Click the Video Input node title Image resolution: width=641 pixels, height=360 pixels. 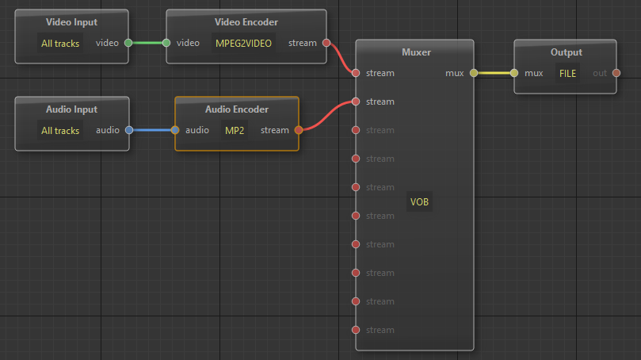coord(71,22)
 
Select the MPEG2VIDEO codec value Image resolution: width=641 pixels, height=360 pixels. coord(243,44)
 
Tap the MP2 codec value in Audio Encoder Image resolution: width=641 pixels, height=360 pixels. coord(235,130)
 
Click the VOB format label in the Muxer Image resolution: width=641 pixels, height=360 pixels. coord(419,202)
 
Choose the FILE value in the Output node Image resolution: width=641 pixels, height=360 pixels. coord(567,73)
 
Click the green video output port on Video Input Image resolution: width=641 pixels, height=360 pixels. coord(128,43)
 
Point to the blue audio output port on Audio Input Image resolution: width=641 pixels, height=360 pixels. coord(128,130)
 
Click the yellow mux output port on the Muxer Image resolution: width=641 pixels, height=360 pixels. coord(474,73)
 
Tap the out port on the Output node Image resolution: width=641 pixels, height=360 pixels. coord(616,73)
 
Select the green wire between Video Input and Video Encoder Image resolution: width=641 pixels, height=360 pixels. coord(147,43)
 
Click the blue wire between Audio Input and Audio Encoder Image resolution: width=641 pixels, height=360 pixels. coord(152,130)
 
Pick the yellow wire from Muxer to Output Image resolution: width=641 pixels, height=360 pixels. coord(494,73)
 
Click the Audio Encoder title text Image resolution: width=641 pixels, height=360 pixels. coord(236,109)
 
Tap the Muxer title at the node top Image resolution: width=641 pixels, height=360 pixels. coord(416,52)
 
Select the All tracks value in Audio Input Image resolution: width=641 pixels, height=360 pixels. coord(60,130)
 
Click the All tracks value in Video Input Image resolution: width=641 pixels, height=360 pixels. coord(60,44)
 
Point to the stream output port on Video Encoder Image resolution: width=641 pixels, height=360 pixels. coord(326,43)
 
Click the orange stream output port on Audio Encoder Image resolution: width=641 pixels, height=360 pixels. coord(298,130)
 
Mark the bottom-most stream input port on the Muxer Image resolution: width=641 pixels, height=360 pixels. coord(356,330)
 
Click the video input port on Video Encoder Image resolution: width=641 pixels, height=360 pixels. coord(167,43)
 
